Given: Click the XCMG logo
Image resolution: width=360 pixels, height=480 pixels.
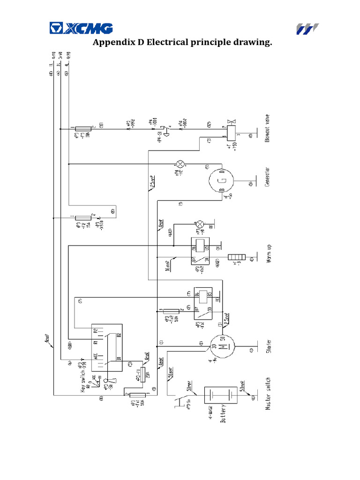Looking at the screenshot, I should pyautogui.click(x=81, y=29).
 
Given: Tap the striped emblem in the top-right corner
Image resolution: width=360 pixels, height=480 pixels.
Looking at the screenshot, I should pyautogui.click(x=307, y=29).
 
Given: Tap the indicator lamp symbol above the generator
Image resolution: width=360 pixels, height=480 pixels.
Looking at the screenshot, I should pyautogui.click(x=180, y=164).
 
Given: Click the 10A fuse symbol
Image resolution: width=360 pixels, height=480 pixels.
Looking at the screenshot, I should pyautogui.click(x=83, y=128).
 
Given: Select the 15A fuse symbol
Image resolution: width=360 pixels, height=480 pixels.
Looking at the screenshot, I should pyautogui.click(x=83, y=217).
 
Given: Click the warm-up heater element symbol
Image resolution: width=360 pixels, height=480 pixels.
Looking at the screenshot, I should pyautogui.click(x=237, y=257).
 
